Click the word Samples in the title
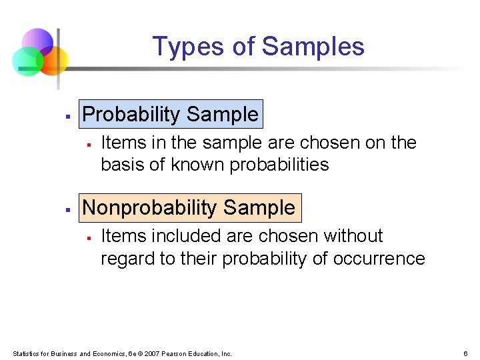point(313,47)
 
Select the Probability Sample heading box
point(170,114)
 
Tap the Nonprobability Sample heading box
point(189,207)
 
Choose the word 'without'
point(353,236)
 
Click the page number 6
point(465,353)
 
